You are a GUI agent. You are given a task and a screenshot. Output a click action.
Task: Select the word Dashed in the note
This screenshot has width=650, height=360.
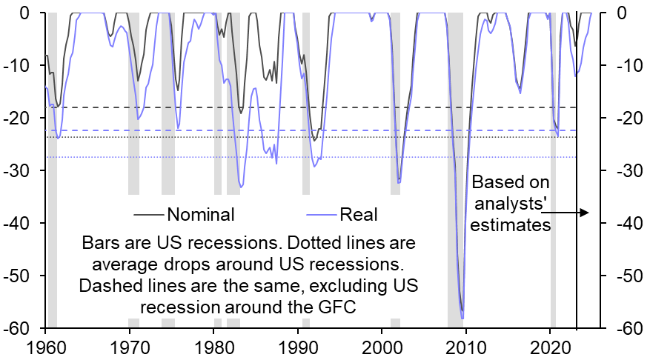point(116,285)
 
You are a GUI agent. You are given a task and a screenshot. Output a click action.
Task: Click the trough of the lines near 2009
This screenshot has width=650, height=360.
point(462,316)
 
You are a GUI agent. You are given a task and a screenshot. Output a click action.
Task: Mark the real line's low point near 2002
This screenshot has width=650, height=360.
point(399,182)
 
